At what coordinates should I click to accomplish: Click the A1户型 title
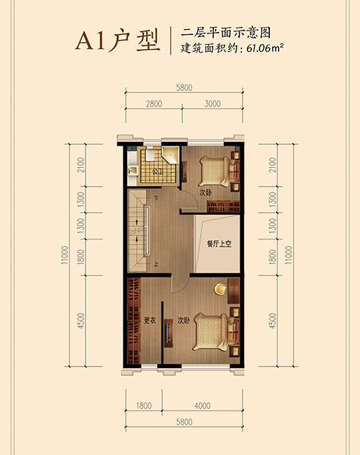point(118,41)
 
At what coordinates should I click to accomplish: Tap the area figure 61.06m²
point(265,48)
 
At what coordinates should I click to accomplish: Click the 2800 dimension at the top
point(154,103)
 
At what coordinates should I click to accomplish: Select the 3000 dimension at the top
point(213,103)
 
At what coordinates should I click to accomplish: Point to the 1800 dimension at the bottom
point(144,405)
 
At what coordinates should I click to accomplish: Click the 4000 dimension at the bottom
point(202,405)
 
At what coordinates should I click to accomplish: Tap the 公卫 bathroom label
point(158,172)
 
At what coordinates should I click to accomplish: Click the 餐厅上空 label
point(219,244)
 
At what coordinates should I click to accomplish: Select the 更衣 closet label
point(150,320)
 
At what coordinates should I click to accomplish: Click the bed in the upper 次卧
point(214,172)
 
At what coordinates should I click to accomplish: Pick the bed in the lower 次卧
point(210,332)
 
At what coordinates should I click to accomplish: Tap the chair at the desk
point(220,289)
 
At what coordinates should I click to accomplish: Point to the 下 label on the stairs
point(156,199)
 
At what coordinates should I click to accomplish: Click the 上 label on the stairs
point(156,264)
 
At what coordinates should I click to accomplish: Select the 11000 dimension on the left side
point(65,255)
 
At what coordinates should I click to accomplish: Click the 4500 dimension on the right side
point(272,320)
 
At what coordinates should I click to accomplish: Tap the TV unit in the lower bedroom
point(168,332)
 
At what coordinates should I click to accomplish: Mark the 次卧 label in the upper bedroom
point(205,193)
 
